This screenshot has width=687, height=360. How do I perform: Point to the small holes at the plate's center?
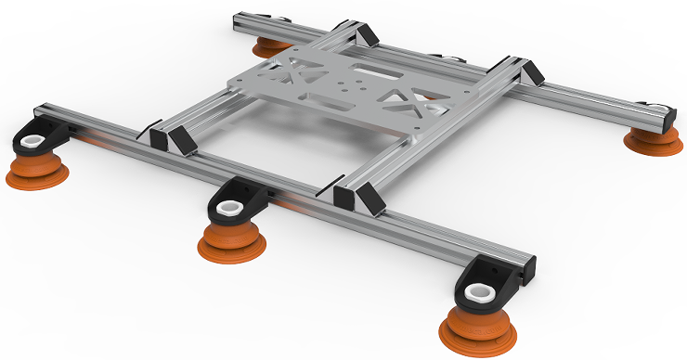(x=348, y=87)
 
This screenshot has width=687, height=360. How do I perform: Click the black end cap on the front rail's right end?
(x=530, y=266)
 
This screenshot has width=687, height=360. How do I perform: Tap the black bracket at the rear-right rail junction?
(x=527, y=73)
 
